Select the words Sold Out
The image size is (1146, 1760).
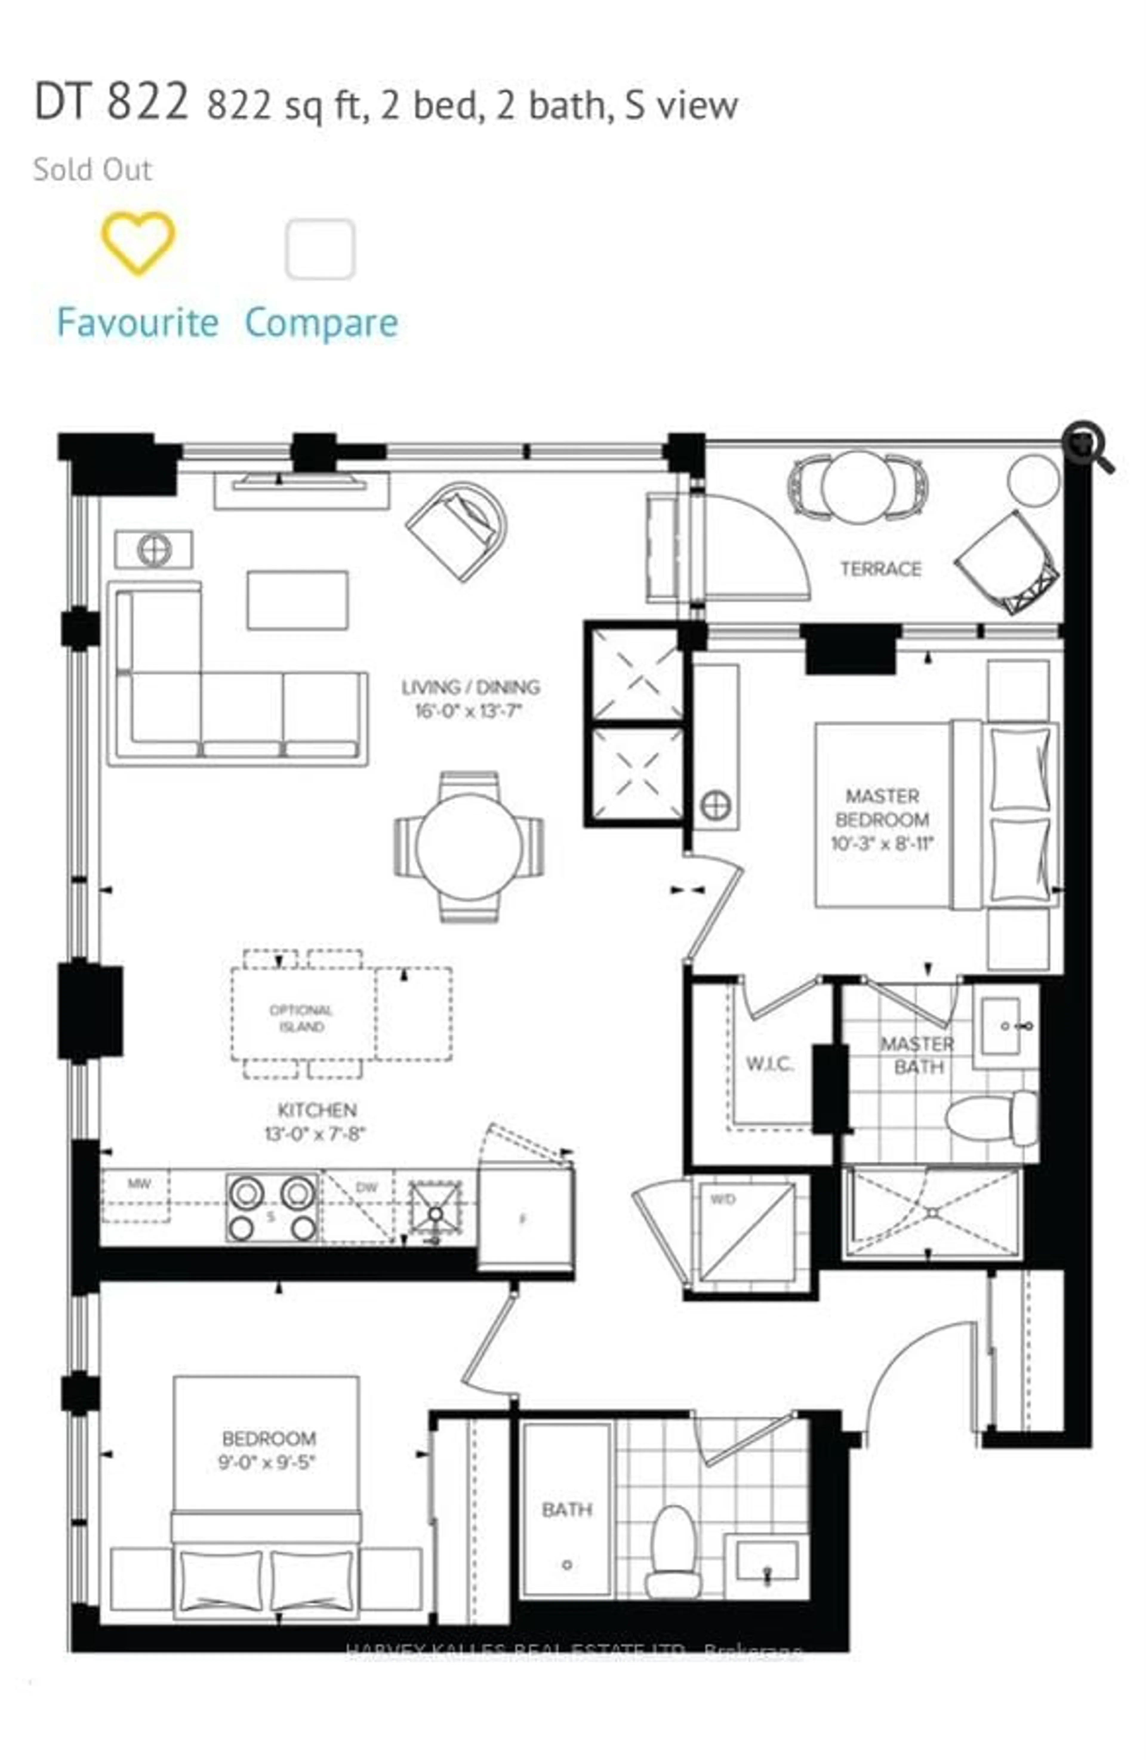(x=93, y=169)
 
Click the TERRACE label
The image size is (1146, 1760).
(x=880, y=569)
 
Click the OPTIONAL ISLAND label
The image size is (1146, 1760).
(x=301, y=1018)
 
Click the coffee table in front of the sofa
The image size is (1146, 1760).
(x=297, y=600)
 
